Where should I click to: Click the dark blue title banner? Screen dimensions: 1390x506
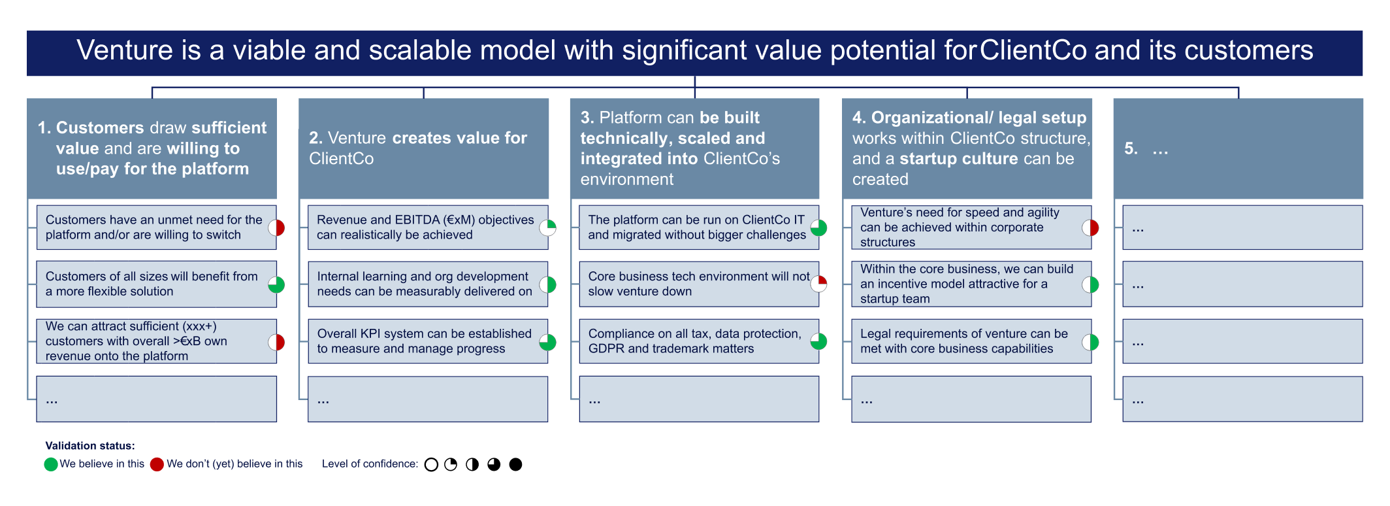point(694,52)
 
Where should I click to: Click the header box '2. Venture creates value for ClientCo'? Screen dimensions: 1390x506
point(423,148)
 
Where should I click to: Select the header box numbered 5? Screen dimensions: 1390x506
point(1238,148)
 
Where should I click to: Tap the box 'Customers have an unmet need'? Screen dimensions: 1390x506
point(154,228)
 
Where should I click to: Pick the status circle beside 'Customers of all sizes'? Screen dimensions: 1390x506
point(276,284)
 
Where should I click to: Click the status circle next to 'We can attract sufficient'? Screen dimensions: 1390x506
point(276,342)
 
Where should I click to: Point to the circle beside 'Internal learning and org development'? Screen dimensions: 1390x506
point(547,284)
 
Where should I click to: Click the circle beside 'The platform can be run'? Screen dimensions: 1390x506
point(818,228)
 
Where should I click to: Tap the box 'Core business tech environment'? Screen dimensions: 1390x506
point(696,284)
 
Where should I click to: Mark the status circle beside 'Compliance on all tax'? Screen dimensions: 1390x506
point(818,341)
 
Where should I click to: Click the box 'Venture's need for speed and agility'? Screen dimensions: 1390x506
point(967,228)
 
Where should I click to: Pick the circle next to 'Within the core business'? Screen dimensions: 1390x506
point(1090,284)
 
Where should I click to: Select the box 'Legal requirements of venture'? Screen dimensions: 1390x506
point(967,341)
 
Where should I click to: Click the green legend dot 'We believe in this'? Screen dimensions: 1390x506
point(51,465)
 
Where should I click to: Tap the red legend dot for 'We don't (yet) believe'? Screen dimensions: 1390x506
point(157,465)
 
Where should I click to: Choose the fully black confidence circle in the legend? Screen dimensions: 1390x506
point(515,465)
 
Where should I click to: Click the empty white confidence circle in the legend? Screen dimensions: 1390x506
point(431,465)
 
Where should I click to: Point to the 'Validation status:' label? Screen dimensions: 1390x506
point(90,446)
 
